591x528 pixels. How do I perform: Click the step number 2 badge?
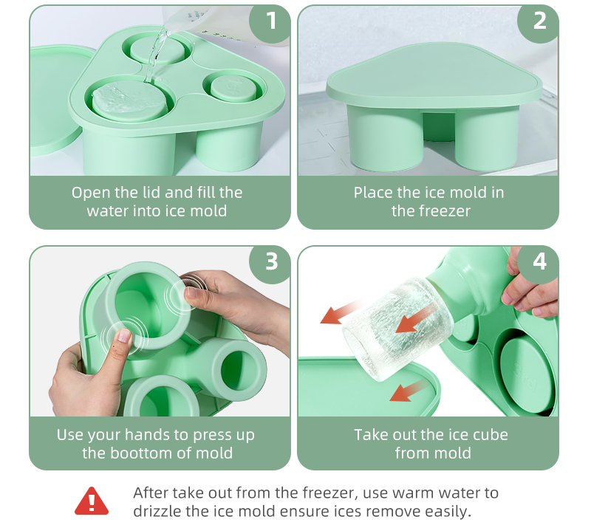click(x=540, y=21)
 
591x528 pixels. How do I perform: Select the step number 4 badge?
click(x=540, y=261)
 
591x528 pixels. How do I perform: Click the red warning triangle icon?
click(x=92, y=501)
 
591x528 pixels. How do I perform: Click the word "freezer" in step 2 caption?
click(x=441, y=211)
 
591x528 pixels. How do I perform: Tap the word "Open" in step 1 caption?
click(x=90, y=193)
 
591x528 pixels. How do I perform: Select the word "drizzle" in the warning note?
click(x=158, y=511)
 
